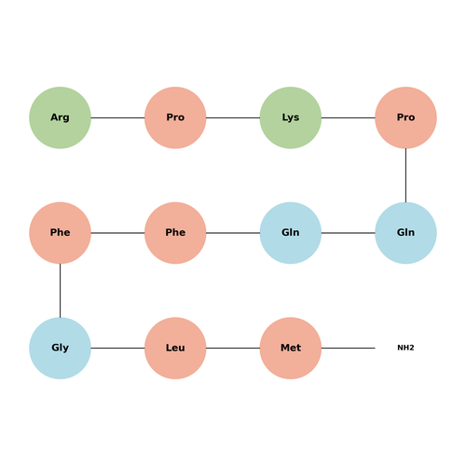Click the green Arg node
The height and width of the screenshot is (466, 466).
(60, 117)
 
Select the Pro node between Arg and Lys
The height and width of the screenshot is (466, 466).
(175, 117)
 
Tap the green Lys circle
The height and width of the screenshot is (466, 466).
(291, 117)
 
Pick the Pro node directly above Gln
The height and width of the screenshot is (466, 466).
(405, 117)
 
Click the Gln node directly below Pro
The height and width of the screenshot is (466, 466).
(405, 233)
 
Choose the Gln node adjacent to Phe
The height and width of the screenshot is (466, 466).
(291, 233)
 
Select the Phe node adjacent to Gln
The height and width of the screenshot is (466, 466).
(175, 233)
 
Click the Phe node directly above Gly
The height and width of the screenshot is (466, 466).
(60, 233)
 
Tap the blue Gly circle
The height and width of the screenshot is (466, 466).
(60, 348)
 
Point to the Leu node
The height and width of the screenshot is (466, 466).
(175, 348)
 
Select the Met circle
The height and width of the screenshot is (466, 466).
(291, 348)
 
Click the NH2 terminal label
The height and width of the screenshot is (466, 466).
(405, 348)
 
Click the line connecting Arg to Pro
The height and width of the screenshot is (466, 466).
(117, 117)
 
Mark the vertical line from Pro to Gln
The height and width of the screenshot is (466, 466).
(405, 175)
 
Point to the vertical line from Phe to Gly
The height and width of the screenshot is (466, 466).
(60, 291)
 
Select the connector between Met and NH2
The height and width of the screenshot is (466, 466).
(349, 348)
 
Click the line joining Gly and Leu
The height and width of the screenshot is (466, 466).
(117, 348)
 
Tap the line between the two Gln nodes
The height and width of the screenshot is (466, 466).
(349, 233)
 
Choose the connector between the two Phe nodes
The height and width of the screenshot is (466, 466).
(117, 233)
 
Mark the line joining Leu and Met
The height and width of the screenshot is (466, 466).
(233, 348)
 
